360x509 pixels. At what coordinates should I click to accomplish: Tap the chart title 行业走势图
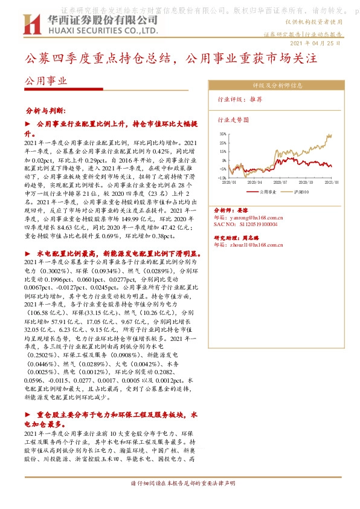233,120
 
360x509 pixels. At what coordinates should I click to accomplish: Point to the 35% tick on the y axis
222,134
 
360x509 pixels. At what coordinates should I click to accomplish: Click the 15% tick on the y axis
222,151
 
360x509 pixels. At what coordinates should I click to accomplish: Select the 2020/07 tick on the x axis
280,181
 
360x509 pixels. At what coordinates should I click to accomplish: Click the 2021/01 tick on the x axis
331,181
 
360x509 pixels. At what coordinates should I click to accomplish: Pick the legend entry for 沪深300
302,190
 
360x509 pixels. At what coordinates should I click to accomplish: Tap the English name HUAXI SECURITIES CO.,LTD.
100,30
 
